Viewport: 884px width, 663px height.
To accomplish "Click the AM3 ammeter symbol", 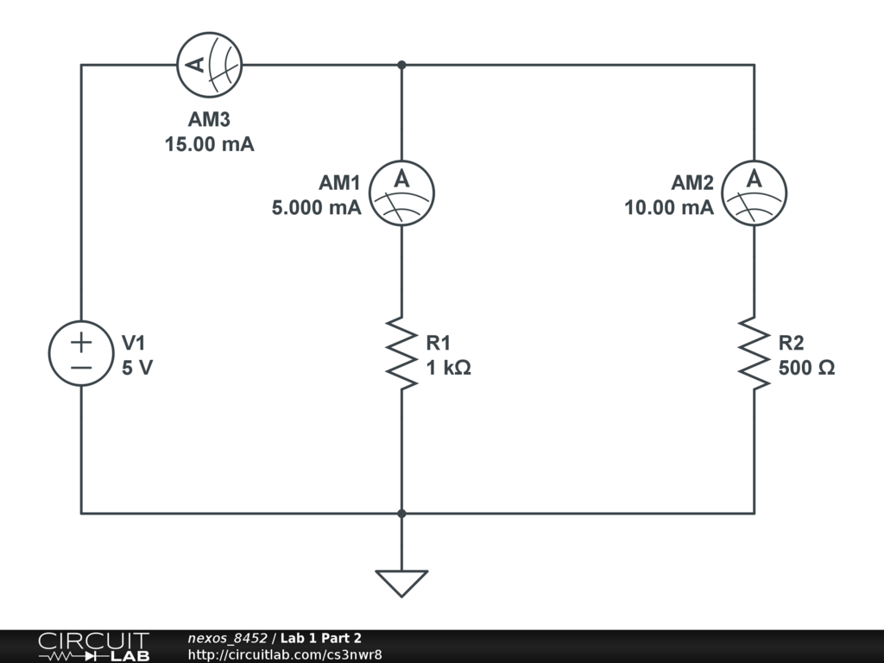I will [209, 65].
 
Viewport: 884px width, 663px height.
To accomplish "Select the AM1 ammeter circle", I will [401, 193].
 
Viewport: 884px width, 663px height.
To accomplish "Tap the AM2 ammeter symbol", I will [754, 193].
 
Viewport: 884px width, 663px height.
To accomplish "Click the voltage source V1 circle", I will [81, 354].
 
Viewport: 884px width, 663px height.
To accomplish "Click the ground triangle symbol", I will [401, 583].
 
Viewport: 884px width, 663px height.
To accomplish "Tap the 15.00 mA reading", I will [210, 144].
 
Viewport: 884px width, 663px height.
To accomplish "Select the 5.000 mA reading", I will [317, 207].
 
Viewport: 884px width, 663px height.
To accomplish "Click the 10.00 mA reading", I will [669, 207].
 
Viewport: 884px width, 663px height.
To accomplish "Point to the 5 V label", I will [138, 368].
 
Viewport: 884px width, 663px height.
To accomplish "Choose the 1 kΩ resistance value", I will [449, 368].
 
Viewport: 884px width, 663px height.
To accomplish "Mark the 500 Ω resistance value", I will [806, 368].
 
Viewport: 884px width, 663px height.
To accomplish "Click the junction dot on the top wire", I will [401, 65].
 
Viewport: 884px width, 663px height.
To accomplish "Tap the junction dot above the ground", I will [401, 514].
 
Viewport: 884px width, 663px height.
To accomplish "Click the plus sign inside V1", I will [81, 342].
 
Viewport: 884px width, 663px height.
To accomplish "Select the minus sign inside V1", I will [81, 367].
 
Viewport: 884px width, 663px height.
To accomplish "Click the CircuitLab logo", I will [93, 647].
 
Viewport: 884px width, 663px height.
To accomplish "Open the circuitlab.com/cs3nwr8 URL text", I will [285, 654].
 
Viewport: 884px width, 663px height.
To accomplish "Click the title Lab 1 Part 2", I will [320, 638].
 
